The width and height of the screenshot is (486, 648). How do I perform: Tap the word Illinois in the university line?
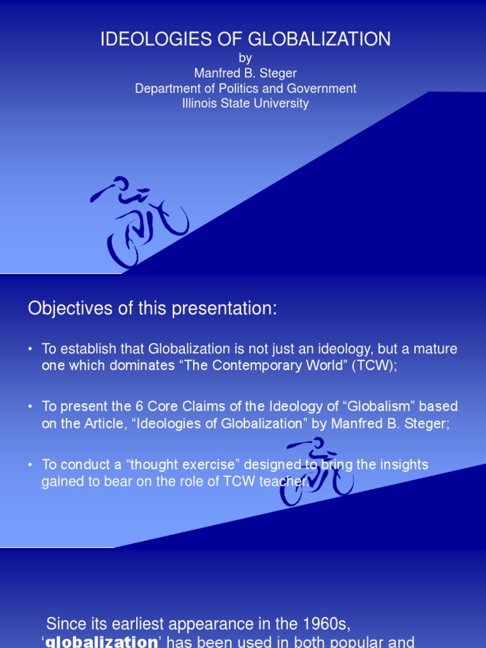click(200, 104)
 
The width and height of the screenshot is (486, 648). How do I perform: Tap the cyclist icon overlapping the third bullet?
click(316, 472)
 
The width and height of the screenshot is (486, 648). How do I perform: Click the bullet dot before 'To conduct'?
click(30, 465)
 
